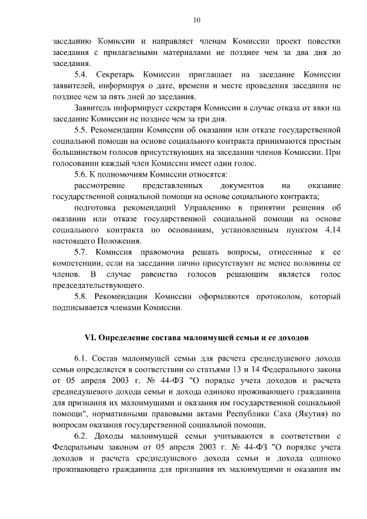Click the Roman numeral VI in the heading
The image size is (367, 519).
91,331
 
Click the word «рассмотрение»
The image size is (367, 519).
101,186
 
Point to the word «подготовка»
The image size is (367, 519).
100,208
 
